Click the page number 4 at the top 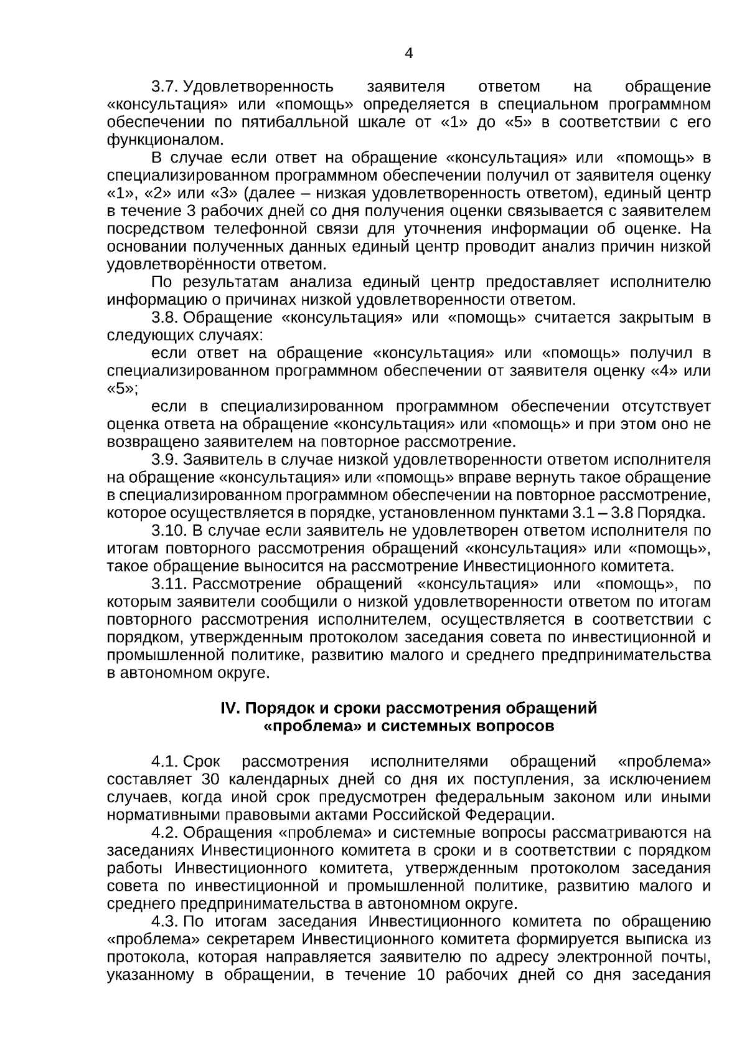coord(408,54)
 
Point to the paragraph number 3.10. coord(169,531)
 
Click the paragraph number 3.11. coord(169,584)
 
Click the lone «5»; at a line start coord(122,389)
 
